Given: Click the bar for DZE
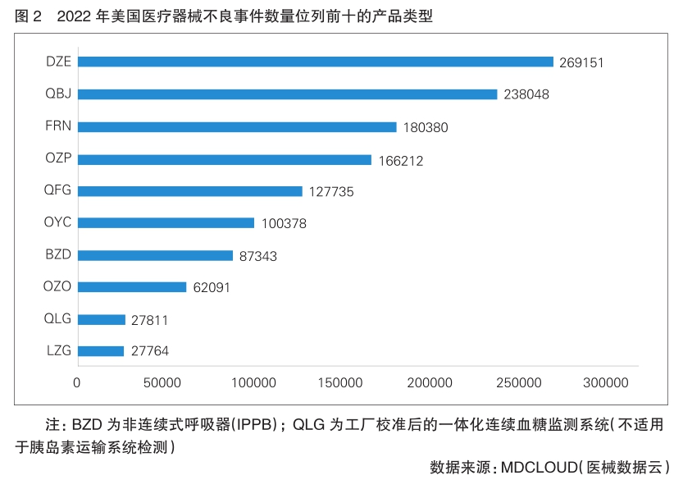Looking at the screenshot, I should (x=316, y=62).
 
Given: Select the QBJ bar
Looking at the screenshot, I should (x=287, y=94).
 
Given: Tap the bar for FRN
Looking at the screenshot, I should (x=237, y=127).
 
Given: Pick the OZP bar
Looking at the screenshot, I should (x=225, y=160).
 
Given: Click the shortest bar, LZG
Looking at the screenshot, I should (x=101, y=351).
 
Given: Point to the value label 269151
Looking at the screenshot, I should (x=581, y=62).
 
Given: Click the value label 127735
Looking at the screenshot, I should (x=331, y=191).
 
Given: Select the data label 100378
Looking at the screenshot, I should (x=284, y=223).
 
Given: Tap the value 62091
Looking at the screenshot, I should (x=216, y=287).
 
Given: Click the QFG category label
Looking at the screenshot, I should (x=58, y=190).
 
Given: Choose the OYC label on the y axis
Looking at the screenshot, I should (x=58, y=222).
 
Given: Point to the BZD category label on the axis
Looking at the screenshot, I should (x=58, y=254).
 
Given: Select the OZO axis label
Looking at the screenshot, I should (x=58, y=286).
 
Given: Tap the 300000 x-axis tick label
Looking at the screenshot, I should (x=606, y=382).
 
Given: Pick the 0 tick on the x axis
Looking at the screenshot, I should (x=77, y=382).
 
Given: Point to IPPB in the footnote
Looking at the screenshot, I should (x=258, y=425).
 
